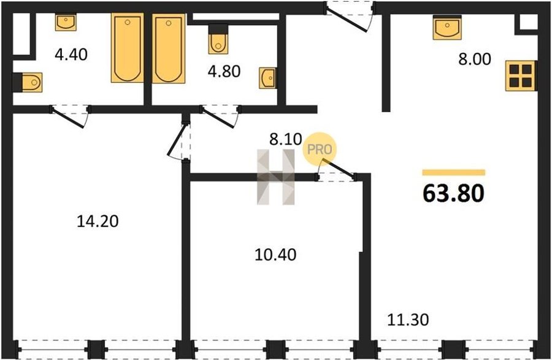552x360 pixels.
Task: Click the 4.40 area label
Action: pyautogui.click(x=71, y=55)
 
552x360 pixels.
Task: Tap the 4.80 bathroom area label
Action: pyautogui.click(x=224, y=71)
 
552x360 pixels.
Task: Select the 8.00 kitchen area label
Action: pyautogui.click(x=475, y=59)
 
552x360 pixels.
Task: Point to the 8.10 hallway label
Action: pyautogui.click(x=285, y=139)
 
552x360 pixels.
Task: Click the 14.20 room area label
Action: pyautogui.click(x=98, y=221)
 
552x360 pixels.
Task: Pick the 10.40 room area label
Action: pyautogui.click(x=275, y=255)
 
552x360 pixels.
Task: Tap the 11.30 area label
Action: pyautogui.click(x=408, y=320)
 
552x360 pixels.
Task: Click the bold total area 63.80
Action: pyautogui.click(x=453, y=193)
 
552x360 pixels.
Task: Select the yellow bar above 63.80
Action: pyautogui.click(x=454, y=172)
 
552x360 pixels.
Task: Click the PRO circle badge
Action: pyautogui.click(x=320, y=149)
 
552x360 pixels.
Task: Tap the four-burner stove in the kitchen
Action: pyautogui.click(x=520, y=75)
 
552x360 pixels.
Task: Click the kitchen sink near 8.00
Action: pyautogui.click(x=447, y=28)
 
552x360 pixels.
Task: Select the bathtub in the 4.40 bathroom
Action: pyautogui.click(x=128, y=48)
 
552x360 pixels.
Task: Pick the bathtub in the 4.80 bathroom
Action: pyautogui.click(x=169, y=48)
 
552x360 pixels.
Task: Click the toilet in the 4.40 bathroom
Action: pyautogui.click(x=28, y=83)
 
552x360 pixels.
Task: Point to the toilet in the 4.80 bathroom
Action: pyautogui.click(x=218, y=39)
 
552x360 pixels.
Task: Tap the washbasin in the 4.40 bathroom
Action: pyautogui.click(x=66, y=22)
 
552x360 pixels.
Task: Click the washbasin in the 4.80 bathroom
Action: pyautogui.click(x=267, y=78)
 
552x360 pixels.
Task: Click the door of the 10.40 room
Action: pyautogui.click(x=336, y=170)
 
